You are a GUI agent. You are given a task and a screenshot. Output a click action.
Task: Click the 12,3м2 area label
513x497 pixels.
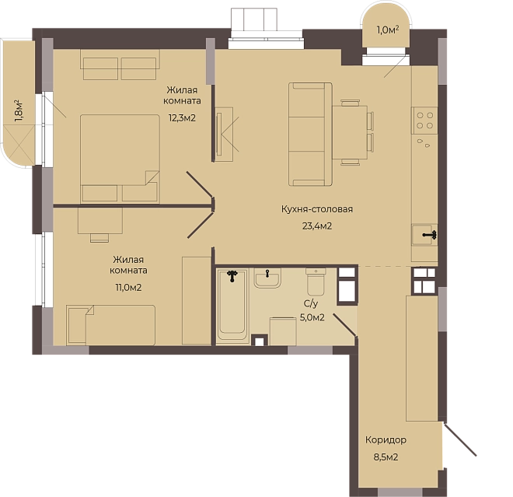(x=182, y=118)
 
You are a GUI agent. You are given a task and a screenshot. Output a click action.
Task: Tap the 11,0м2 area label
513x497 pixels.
(x=128, y=288)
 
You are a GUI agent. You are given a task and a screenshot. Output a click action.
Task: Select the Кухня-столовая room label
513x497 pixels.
(x=317, y=209)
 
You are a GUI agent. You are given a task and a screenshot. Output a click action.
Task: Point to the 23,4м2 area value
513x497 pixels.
(x=317, y=226)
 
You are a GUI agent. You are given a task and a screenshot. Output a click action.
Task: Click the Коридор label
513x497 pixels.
(x=386, y=439)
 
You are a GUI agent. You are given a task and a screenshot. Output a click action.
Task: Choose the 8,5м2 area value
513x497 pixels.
(x=386, y=457)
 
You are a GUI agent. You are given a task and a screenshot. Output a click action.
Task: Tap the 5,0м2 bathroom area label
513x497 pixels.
(x=312, y=317)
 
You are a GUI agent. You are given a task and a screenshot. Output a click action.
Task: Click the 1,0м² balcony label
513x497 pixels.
(x=388, y=30)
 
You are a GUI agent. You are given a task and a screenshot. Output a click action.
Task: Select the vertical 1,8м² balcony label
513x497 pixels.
(x=19, y=111)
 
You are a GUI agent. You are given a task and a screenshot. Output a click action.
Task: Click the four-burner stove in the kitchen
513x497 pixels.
(x=424, y=121)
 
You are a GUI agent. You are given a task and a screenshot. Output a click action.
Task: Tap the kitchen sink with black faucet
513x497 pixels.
(x=424, y=234)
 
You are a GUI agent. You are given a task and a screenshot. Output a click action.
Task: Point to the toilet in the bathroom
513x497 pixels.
(x=316, y=282)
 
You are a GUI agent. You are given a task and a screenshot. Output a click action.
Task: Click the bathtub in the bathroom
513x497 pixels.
(x=232, y=304)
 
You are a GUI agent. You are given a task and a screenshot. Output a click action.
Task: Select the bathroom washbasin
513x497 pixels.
(x=267, y=278)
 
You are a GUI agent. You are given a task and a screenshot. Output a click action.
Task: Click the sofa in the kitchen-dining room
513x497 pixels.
(x=310, y=135)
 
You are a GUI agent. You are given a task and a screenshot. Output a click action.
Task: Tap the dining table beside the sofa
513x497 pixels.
(x=350, y=132)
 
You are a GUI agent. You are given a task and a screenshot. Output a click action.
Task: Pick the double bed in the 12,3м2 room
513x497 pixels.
(x=120, y=159)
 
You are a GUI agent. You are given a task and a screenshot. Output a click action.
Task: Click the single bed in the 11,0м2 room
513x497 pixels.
(x=111, y=325)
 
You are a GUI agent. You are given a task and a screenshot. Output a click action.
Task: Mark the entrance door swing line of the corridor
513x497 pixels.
(x=459, y=439)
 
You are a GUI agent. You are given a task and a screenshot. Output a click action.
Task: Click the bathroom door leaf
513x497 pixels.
(x=345, y=325)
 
